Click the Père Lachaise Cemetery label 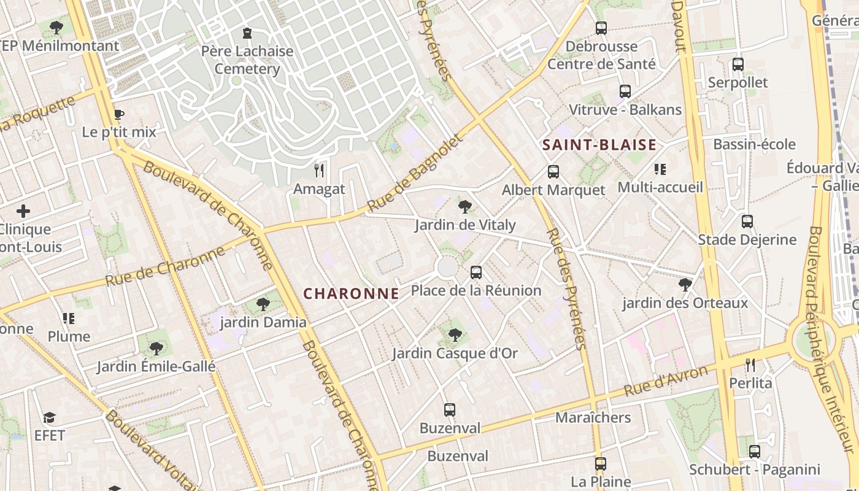point(247,60)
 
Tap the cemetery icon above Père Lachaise point(247,33)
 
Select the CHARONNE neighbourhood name point(351,293)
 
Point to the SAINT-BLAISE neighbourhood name point(599,145)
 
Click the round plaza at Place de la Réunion point(447,267)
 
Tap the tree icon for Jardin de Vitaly point(465,206)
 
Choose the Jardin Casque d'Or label point(455,354)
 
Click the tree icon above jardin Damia point(263,304)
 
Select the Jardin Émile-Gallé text point(156,367)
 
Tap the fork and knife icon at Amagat point(319,170)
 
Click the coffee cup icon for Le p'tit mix point(118,114)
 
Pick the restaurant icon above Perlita point(750,365)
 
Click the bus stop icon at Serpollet point(738,64)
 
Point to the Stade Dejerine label point(747,239)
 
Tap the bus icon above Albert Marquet point(553,172)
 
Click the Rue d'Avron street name point(666,381)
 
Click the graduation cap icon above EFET point(49,418)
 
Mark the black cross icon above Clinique point(23,212)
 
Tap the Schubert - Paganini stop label point(754,470)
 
